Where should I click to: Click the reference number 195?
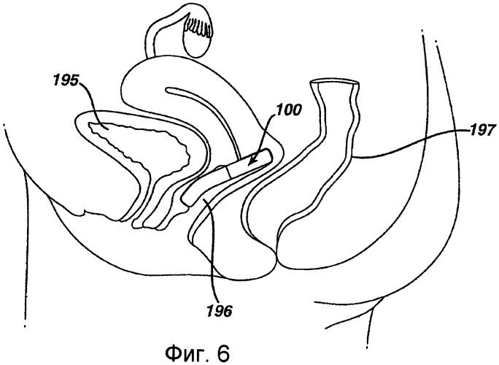(x=65, y=81)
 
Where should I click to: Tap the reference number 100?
(x=288, y=110)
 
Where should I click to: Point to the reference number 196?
(x=220, y=311)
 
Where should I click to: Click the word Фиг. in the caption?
(x=185, y=353)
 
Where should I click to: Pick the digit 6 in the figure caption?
(x=223, y=352)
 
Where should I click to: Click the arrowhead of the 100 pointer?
(x=251, y=161)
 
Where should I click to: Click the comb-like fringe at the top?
(x=197, y=26)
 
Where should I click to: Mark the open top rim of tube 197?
(x=335, y=83)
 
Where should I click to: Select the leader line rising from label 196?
(x=213, y=252)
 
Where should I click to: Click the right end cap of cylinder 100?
(x=269, y=157)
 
